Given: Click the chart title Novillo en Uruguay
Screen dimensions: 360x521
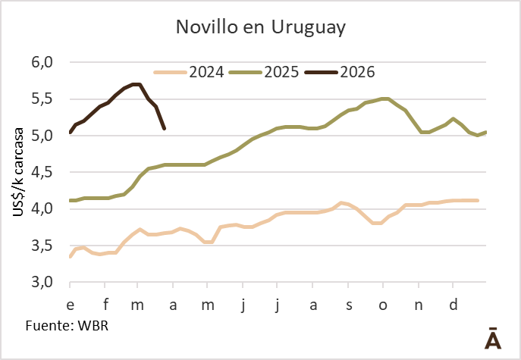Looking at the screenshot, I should point(260,28).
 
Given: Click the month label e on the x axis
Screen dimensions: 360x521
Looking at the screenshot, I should point(70,305).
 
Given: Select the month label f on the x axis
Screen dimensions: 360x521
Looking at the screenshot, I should point(105,305).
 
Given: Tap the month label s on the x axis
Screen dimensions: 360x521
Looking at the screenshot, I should point(349,305).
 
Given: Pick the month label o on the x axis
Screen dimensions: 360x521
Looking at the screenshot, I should point(383,305).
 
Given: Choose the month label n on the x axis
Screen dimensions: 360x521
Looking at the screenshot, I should point(418,305).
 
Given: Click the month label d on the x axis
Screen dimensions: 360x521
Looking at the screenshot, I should point(453,305).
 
